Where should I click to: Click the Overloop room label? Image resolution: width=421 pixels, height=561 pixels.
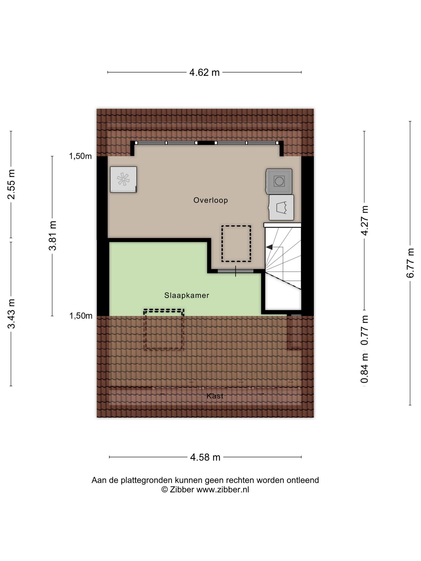coord(210,200)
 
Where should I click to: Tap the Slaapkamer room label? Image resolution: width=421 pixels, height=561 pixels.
coord(187,295)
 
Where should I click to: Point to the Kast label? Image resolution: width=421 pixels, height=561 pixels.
coord(215,396)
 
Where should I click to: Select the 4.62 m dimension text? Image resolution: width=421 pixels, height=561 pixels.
coord(204,72)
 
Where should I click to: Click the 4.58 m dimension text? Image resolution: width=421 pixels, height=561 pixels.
coord(205,457)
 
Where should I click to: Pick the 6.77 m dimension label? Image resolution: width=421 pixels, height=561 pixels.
coord(410,263)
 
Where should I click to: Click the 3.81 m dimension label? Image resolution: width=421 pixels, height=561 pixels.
coord(52,236)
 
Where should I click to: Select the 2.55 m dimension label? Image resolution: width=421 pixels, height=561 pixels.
coord(11,184)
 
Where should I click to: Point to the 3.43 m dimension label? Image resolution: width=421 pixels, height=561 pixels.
coord(11,314)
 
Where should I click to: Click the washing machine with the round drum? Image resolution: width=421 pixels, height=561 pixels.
coord(279,181)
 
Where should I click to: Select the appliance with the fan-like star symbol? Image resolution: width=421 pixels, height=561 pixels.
coord(123,179)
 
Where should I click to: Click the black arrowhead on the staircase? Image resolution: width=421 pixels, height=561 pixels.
coord(269,247)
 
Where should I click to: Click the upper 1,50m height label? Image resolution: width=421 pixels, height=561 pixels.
coord(80,156)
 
